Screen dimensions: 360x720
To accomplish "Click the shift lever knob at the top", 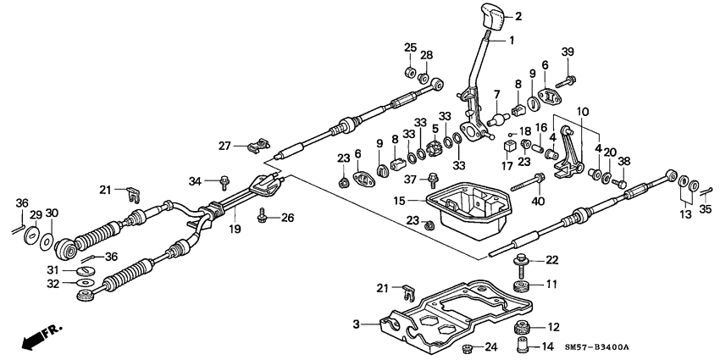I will [496, 19].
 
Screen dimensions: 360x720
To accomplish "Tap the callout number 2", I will [518, 15].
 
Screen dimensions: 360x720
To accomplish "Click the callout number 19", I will [235, 230].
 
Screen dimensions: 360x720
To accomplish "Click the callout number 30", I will [52, 213].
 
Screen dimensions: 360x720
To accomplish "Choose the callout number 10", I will [583, 112].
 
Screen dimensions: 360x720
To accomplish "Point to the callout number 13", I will [687, 215].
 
